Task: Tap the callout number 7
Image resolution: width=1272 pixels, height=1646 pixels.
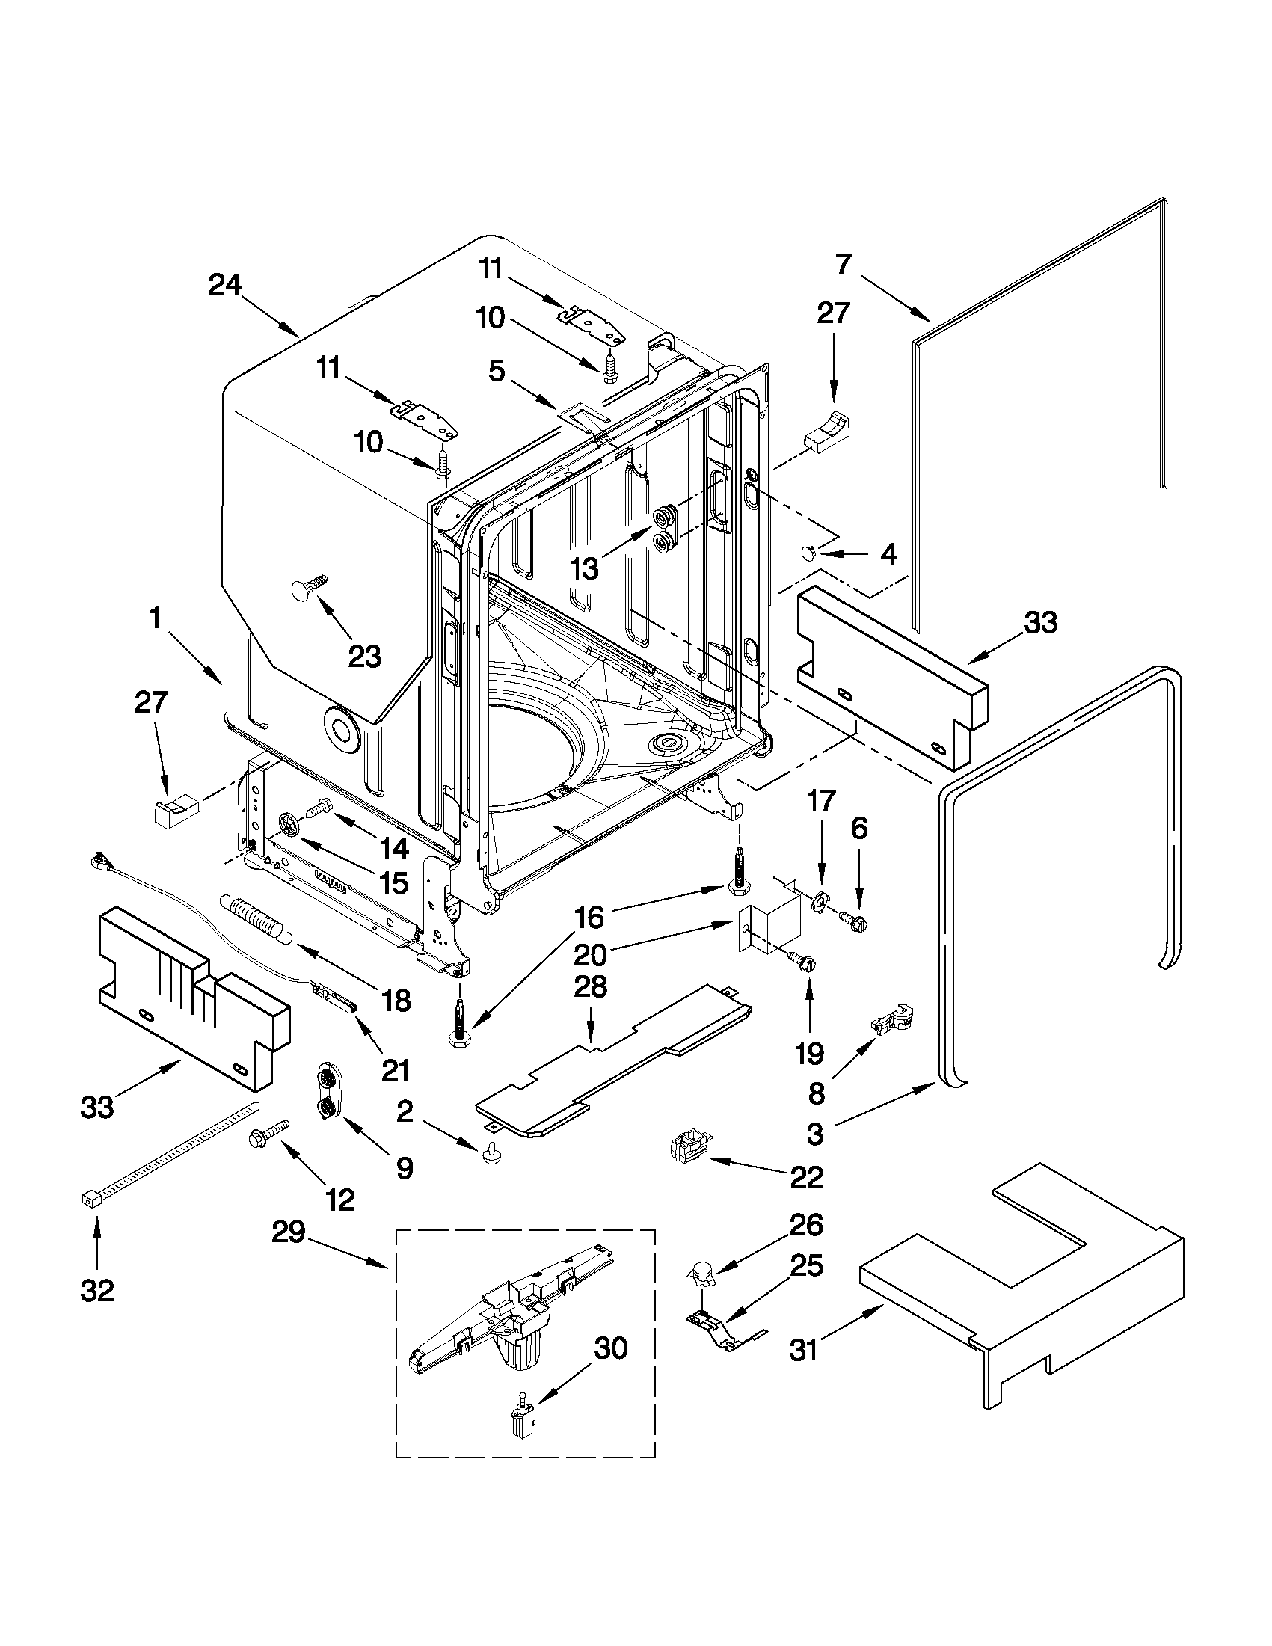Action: [x=843, y=264]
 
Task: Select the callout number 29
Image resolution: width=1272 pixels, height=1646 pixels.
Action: [x=289, y=1233]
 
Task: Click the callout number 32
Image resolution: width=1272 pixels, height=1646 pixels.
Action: [x=97, y=1291]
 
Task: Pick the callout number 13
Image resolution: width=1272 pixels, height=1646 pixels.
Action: [x=585, y=569]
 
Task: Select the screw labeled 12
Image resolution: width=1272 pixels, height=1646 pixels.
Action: [x=270, y=1152]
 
